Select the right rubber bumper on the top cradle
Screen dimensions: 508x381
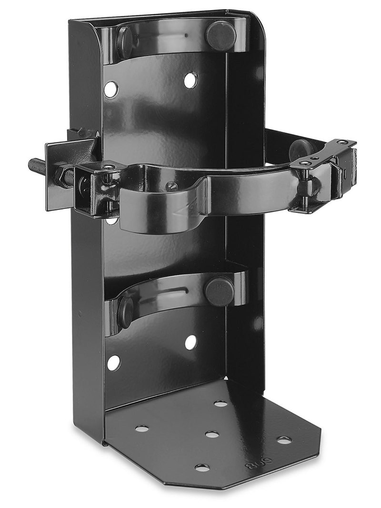coord(221,35)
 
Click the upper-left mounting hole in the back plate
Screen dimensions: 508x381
coord(110,89)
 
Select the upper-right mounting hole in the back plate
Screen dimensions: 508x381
coord(190,80)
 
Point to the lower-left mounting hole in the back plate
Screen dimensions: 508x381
coord(113,363)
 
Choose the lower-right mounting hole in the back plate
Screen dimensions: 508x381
coord(190,342)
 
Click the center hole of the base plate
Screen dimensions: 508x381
coord(212,434)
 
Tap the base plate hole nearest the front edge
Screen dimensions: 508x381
coord(202,468)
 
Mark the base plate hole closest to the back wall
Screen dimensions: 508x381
coord(221,404)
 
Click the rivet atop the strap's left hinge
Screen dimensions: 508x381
coord(109,167)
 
